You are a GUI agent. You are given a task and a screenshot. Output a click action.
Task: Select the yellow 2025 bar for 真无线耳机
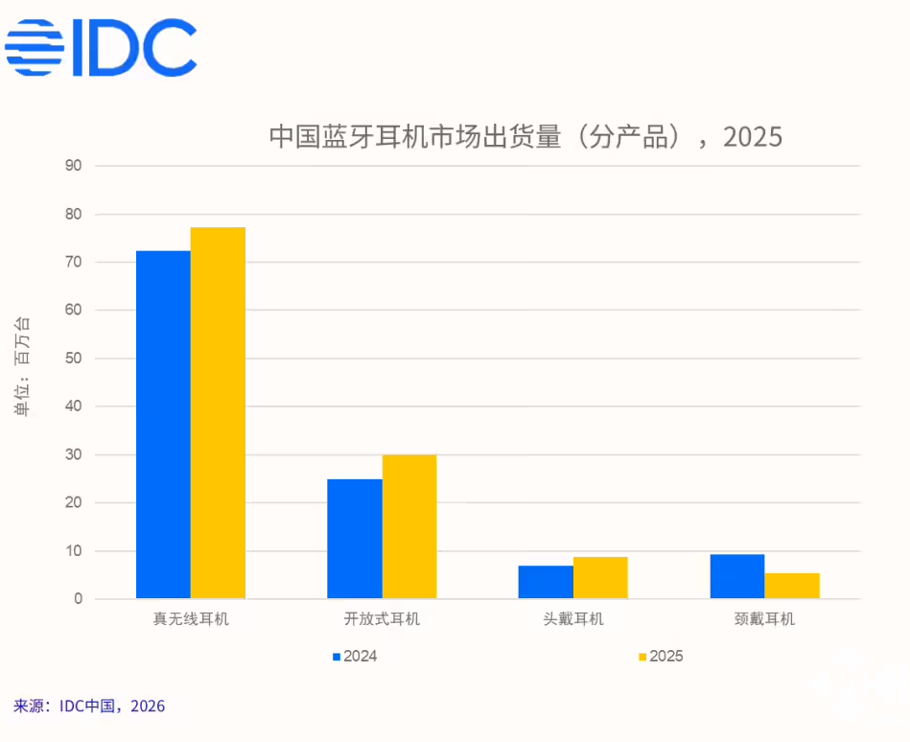click(x=218, y=413)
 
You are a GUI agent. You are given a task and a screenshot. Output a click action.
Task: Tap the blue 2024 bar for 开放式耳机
click(x=354, y=539)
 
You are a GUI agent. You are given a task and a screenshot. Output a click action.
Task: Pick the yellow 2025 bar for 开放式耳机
click(x=409, y=527)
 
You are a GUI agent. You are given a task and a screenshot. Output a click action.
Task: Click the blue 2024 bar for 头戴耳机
click(x=546, y=582)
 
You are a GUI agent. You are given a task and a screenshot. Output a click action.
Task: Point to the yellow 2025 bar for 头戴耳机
click(x=600, y=578)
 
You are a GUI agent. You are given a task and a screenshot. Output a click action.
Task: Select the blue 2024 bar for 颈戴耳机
click(x=736, y=576)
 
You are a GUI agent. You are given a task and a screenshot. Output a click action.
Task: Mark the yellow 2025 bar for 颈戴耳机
click(x=792, y=586)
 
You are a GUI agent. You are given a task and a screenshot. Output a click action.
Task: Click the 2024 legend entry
click(x=354, y=657)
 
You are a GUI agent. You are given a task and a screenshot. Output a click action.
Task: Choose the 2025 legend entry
click(x=660, y=657)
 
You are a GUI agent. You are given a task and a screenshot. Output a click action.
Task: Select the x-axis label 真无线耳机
click(x=191, y=619)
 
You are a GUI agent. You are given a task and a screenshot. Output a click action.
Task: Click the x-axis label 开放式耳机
click(x=382, y=619)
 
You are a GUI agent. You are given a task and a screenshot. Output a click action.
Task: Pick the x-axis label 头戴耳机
click(x=572, y=619)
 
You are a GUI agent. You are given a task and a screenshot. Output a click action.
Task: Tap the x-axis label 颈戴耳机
click(x=764, y=619)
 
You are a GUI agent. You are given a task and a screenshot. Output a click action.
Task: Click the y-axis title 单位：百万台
click(x=22, y=365)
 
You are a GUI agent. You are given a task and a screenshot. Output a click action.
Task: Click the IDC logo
click(x=101, y=47)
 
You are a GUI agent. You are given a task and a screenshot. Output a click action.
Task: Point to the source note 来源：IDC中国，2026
click(x=89, y=707)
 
